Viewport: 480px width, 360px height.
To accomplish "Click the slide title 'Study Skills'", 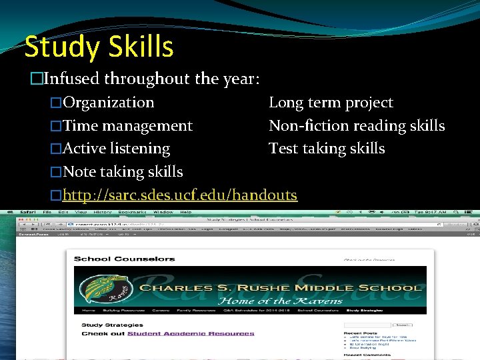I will (99, 47).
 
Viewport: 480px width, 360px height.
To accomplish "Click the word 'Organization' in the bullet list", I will (108, 103).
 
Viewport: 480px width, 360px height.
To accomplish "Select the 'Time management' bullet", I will (127, 125).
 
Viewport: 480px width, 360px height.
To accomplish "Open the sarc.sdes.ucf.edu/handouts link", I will (179, 195).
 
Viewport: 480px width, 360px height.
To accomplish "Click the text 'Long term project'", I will (331, 103).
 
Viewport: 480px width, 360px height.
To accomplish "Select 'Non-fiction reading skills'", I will (357, 125).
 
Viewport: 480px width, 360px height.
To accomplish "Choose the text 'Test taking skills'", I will (327, 148).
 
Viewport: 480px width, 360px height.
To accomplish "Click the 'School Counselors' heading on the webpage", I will (124, 259).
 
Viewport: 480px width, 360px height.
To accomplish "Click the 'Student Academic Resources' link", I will (191, 333).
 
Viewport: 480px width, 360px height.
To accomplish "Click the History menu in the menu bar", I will (103, 211).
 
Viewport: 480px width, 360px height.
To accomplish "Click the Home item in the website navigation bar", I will (88, 311).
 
